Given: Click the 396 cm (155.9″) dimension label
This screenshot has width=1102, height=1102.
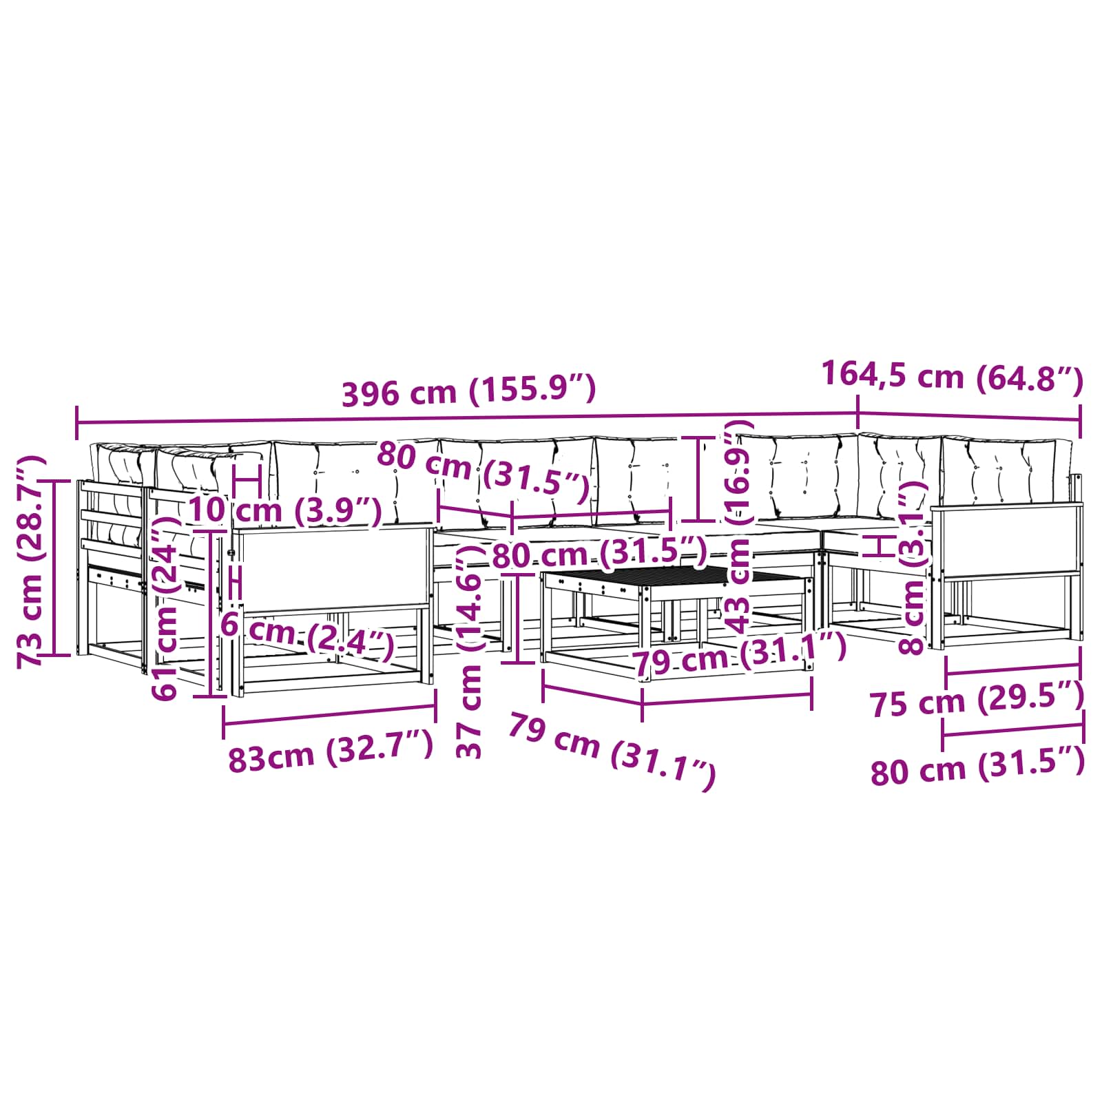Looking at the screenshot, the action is click(x=468, y=391).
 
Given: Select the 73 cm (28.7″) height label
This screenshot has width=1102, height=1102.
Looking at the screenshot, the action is click(x=32, y=561).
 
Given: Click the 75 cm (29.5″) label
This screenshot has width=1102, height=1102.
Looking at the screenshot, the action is click(x=977, y=701).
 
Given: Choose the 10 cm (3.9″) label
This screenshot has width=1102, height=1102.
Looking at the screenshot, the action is click(x=285, y=510).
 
